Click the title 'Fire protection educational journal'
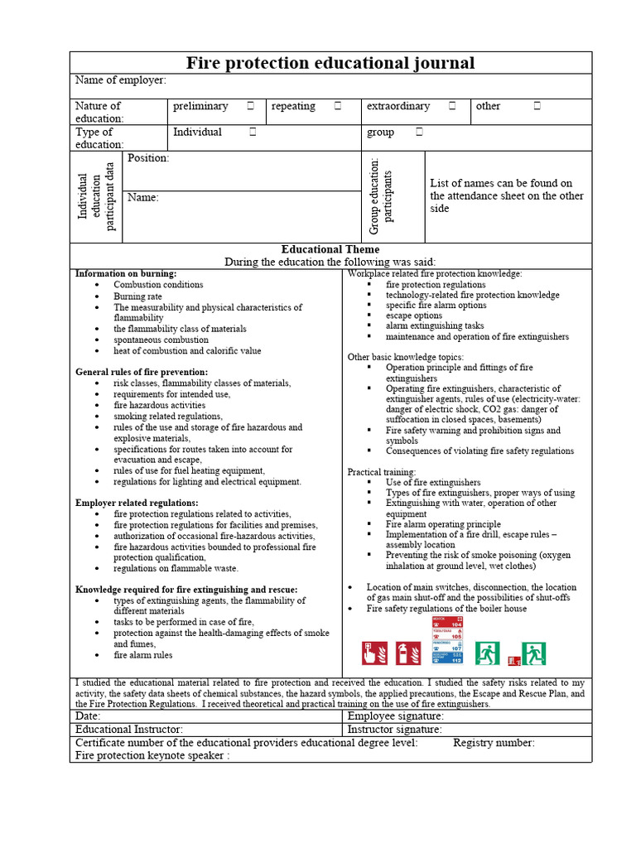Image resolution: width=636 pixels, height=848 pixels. pos(330,63)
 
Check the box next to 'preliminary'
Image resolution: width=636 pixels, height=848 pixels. pos(250,106)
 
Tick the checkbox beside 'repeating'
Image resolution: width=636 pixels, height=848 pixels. pos(338,106)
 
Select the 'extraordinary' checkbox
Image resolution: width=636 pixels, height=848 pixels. pos(452,106)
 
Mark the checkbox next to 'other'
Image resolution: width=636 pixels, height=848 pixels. pos(537,106)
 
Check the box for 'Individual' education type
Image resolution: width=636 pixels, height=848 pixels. pos(253,132)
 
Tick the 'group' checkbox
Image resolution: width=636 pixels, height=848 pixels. pos(420,132)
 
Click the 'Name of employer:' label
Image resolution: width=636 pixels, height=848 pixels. pos(121,80)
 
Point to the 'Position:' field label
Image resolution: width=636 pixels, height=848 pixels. pos(148,157)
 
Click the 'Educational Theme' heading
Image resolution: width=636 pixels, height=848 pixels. pos(330,249)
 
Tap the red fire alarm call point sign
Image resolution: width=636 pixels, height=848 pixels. pos(374,653)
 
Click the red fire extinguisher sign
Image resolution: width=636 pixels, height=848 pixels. pos(408,653)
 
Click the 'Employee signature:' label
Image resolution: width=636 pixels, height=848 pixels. pos(395,715)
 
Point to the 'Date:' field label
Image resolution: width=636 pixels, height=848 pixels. pos(88,715)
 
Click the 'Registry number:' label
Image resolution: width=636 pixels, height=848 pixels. pos(494,743)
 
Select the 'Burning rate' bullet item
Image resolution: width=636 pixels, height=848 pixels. pos(137,296)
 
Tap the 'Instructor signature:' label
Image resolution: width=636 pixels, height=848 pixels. pos(394,730)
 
